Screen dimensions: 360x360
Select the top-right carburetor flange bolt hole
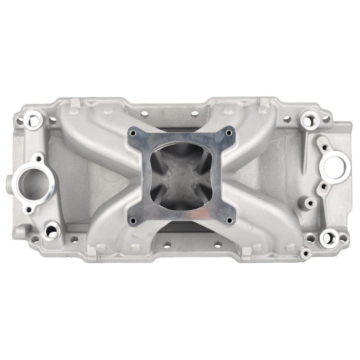229,131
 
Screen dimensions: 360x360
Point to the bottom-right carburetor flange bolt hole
228,220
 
